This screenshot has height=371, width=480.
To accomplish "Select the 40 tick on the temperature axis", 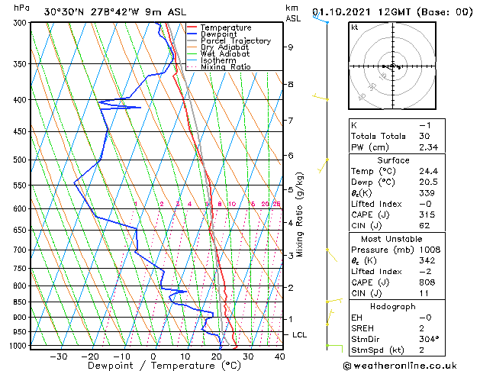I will (x=279, y=356).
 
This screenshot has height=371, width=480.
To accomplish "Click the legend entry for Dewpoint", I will (x=217, y=34).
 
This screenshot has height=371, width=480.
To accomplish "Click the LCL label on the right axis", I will (x=300, y=335).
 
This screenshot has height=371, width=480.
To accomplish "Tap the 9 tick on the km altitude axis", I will (x=291, y=47).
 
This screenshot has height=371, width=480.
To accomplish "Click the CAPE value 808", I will (x=424, y=282).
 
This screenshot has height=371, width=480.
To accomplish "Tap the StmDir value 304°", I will (x=427, y=339).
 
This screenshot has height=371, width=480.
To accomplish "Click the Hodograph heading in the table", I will (x=392, y=306).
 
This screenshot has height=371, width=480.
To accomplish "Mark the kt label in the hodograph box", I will (x=355, y=27).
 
